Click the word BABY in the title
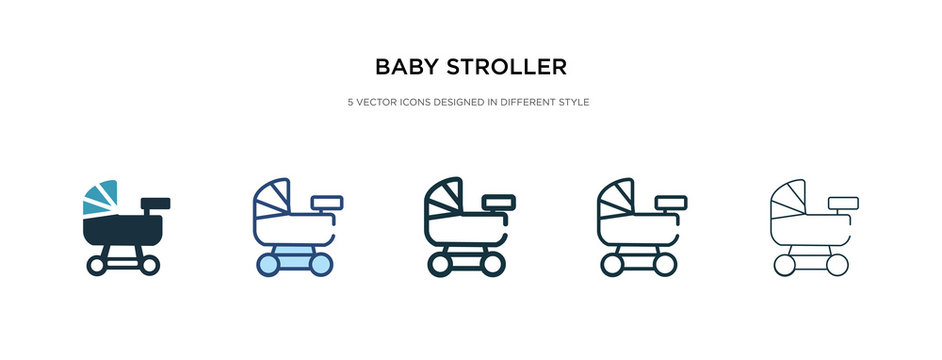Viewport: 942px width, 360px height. coord(406,68)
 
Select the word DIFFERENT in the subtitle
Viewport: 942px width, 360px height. coord(516,103)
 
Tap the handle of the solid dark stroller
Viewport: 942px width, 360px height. coord(155,203)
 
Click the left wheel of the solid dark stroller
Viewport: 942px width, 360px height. coord(97,265)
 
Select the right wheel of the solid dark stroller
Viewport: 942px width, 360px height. coord(148,265)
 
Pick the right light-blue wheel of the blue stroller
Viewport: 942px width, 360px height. coord(320,265)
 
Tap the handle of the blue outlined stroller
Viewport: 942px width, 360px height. coord(327,202)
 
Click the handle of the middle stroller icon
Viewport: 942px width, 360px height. coord(498,202)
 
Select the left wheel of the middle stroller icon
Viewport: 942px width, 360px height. coord(439,265)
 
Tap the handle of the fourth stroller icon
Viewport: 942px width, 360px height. coord(670,202)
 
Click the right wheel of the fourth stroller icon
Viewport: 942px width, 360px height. coord(664,265)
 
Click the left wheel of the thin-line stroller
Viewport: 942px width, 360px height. coord(786,265)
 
